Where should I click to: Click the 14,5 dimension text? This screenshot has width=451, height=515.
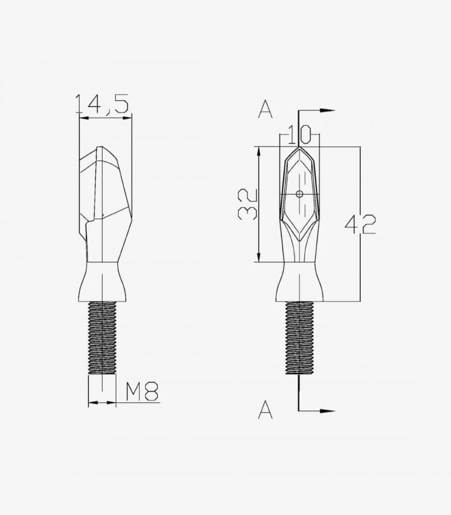[102, 105]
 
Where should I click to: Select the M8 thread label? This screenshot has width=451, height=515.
[142, 391]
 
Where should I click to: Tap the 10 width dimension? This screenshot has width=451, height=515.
[299, 135]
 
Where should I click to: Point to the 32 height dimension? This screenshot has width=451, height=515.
[247, 204]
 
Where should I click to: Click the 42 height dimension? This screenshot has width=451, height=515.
[360, 224]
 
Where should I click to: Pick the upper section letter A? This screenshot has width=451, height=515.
[265, 110]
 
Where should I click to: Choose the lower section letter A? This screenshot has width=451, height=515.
[265, 410]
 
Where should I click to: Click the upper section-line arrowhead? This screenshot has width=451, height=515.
[327, 111]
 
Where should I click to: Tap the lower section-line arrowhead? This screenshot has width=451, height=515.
[327, 411]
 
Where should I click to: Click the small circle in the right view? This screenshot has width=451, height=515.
[299, 194]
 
